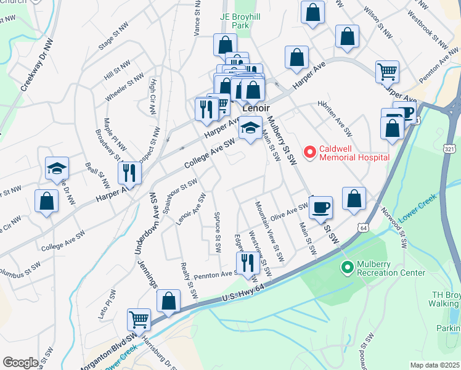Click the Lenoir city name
click(x=257, y=108)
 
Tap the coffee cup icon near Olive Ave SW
click(x=320, y=207)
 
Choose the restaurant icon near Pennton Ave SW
click(x=248, y=262)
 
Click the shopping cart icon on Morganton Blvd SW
click(x=139, y=320)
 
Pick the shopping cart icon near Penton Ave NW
click(x=388, y=72)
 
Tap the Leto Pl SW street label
click(x=102, y=303)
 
